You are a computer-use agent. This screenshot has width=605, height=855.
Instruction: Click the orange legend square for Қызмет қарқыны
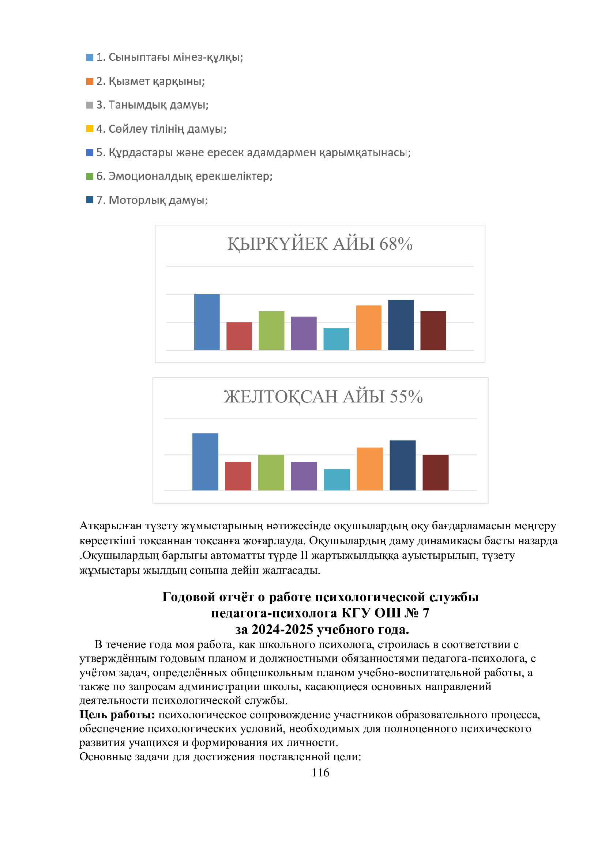point(89,81)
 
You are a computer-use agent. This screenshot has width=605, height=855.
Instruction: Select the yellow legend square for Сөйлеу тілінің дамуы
point(89,129)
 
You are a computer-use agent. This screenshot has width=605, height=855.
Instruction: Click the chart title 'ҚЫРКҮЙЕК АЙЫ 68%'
point(320,244)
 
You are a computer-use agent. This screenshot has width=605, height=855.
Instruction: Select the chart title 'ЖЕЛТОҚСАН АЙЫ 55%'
point(323,397)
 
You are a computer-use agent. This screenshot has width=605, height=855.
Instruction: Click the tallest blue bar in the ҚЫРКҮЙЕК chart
point(207,322)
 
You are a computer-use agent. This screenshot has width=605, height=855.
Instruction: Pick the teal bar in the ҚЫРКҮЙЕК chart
point(336,339)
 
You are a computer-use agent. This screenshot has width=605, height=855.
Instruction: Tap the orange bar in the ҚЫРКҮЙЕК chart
point(368,328)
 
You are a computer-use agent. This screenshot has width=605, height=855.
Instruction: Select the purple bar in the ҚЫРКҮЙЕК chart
point(304,333)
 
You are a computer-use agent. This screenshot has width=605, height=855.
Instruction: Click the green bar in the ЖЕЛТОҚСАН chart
point(271,473)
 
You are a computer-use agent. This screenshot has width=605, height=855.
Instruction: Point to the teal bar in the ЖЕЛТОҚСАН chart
point(337,480)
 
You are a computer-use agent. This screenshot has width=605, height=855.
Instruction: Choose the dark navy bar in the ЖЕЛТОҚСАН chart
point(402,465)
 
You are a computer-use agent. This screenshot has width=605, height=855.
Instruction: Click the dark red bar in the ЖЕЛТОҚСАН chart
point(436,473)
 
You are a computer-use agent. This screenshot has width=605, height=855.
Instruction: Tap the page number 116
point(320,773)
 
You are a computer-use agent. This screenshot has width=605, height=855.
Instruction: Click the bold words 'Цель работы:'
point(117,715)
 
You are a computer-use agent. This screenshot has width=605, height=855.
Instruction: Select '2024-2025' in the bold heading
point(282,629)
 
